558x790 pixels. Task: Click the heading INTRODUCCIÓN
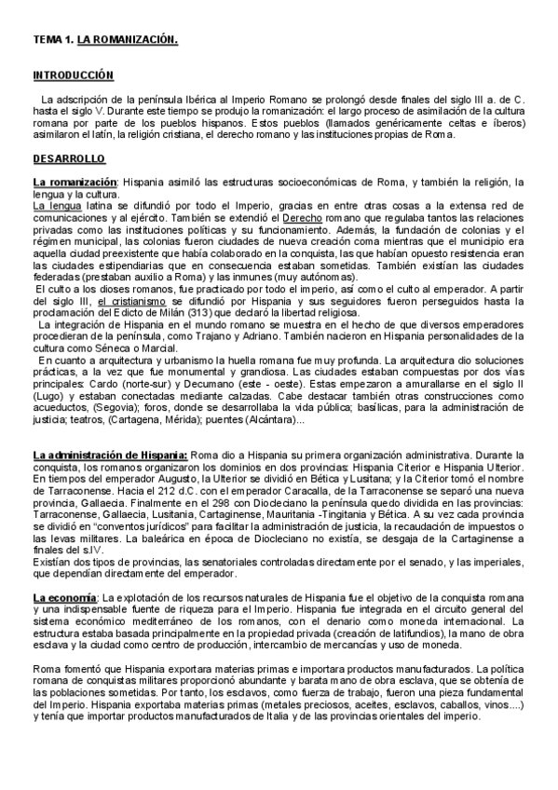point(73,75)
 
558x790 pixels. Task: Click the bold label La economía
point(63,595)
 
